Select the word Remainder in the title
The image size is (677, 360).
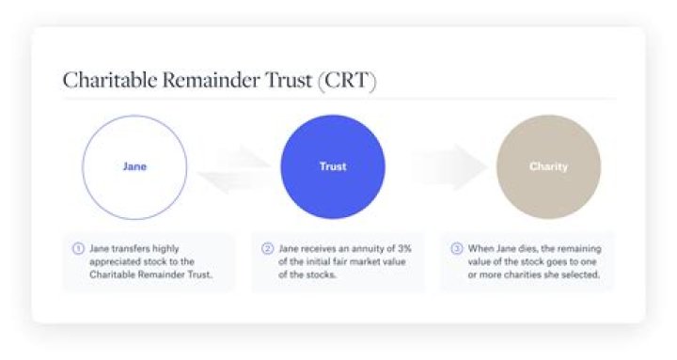(x=202, y=80)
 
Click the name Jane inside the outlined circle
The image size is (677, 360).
(x=134, y=166)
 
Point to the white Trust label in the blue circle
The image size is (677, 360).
(x=333, y=166)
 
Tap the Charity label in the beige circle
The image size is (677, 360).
(x=548, y=166)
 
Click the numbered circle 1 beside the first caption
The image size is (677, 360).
(x=79, y=248)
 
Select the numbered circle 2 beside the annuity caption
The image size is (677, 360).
(x=267, y=248)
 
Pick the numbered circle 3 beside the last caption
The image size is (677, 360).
(x=456, y=248)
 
